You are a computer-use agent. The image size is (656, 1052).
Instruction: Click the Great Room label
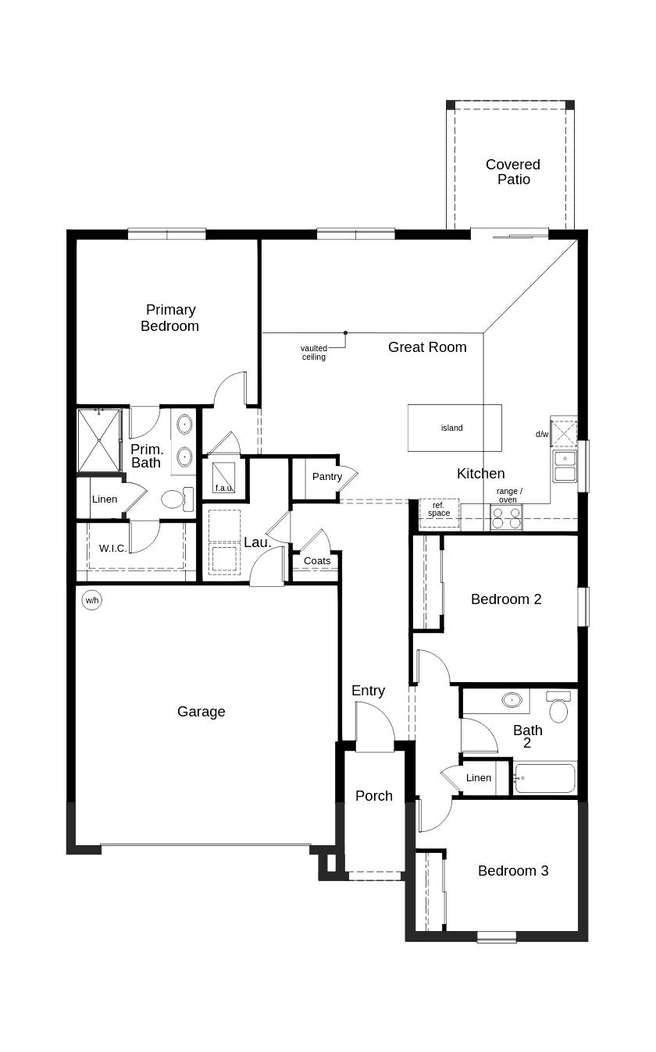pyautogui.click(x=427, y=347)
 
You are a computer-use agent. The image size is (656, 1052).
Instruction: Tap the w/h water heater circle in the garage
pyautogui.click(x=91, y=600)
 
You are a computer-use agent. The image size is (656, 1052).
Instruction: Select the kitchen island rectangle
pyautogui.click(x=455, y=428)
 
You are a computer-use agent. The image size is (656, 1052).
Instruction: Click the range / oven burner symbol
pyautogui.click(x=506, y=517)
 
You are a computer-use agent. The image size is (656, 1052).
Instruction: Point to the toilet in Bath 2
pyautogui.click(x=558, y=706)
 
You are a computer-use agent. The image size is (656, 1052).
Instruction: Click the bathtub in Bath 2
pyautogui.click(x=544, y=778)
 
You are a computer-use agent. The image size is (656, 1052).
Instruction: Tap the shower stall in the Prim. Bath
pyautogui.click(x=98, y=440)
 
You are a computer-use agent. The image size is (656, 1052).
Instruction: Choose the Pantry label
pyautogui.click(x=327, y=477)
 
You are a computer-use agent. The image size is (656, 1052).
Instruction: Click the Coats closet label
pyautogui.click(x=317, y=561)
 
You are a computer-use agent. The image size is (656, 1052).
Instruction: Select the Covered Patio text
pyautogui.click(x=513, y=172)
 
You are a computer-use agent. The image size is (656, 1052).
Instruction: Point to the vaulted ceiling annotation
pyautogui.click(x=314, y=353)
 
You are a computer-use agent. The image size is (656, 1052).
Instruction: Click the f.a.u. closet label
pyautogui.click(x=224, y=488)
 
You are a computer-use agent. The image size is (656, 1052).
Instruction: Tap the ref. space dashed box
pyautogui.click(x=439, y=513)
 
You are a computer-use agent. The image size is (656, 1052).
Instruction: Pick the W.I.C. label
pyautogui.click(x=112, y=549)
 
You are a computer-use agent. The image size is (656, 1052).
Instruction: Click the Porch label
pyautogui.click(x=374, y=796)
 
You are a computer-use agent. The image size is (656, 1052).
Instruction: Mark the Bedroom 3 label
pyautogui.click(x=513, y=871)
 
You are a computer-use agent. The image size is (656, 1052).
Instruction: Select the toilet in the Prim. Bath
pyautogui.click(x=177, y=499)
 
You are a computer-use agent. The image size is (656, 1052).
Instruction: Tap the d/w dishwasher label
pyautogui.click(x=542, y=435)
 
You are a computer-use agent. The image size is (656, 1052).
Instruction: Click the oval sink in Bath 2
pyautogui.click(x=512, y=700)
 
